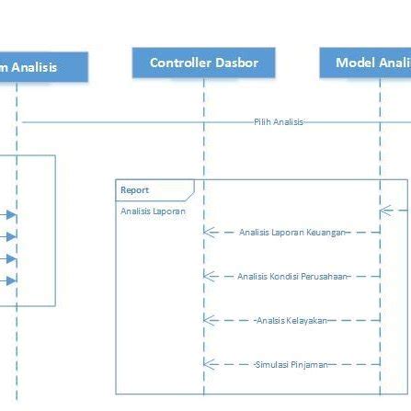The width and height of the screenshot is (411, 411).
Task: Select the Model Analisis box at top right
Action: [x=367, y=63]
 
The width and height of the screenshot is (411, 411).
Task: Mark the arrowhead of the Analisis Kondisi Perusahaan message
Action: [x=209, y=276]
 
